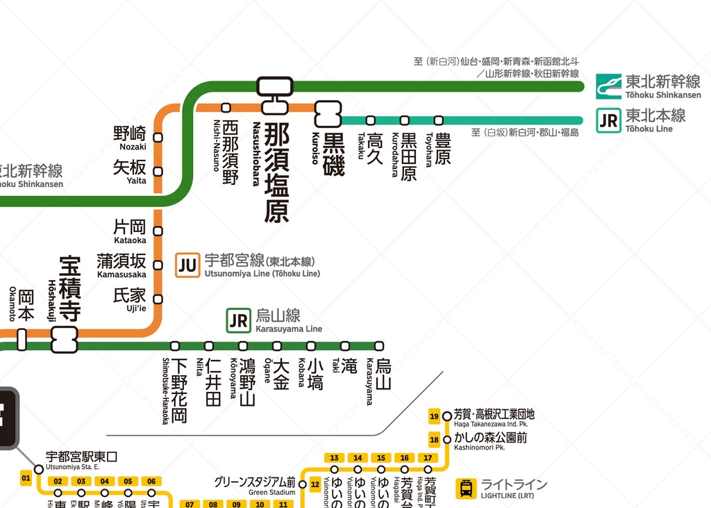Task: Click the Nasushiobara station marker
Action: click(x=274, y=96)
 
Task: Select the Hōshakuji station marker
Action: click(x=64, y=339)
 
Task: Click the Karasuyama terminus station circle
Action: click(x=379, y=346)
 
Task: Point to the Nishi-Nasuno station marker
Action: click(x=226, y=108)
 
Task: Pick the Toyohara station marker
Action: click(x=438, y=120)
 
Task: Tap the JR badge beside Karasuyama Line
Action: click(x=238, y=320)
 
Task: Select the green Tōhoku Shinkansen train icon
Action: click(x=608, y=86)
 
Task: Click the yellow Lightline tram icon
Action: click(x=466, y=489)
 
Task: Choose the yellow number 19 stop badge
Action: click(x=435, y=416)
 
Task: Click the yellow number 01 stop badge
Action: click(x=26, y=477)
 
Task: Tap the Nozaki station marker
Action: click(x=158, y=138)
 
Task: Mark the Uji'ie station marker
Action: click(x=158, y=300)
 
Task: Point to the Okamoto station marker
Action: click(x=22, y=339)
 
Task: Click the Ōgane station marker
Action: click(x=277, y=346)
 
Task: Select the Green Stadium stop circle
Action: click(x=303, y=484)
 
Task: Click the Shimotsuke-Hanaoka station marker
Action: click(x=175, y=346)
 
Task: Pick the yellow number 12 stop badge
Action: click(x=315, y=484)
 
